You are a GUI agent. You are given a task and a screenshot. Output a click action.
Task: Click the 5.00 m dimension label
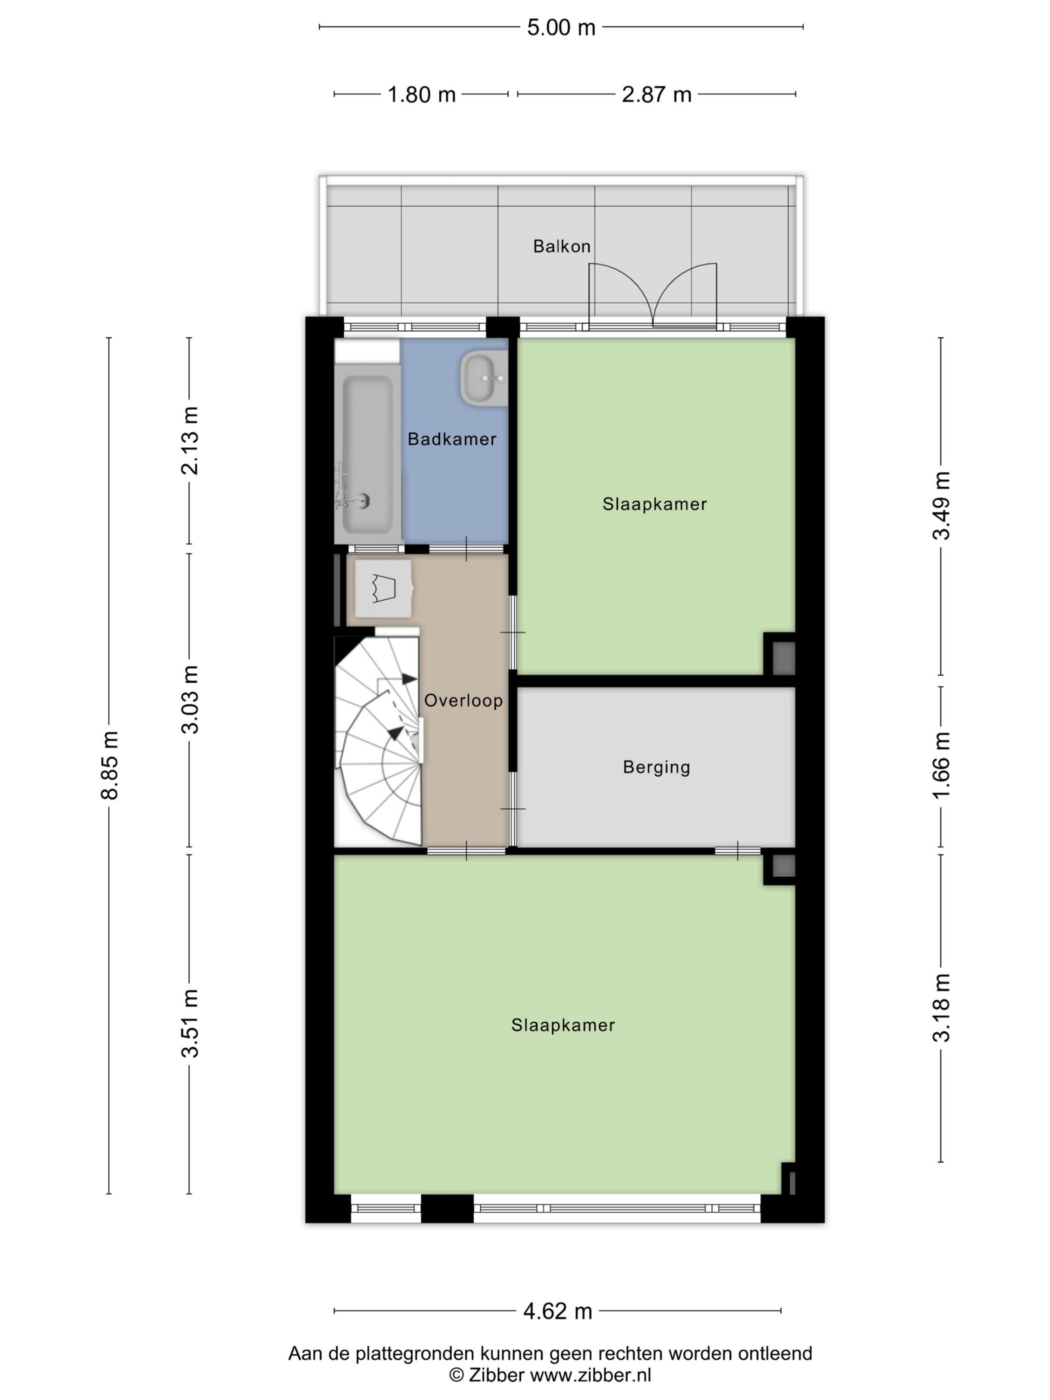(561, 27)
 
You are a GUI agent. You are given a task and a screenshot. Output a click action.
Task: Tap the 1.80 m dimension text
(421, 94)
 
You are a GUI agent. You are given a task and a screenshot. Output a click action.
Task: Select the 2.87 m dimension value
(656, 94)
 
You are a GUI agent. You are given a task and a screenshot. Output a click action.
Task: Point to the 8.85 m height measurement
(109, 765)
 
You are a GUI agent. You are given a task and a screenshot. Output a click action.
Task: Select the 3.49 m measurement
(941, 505)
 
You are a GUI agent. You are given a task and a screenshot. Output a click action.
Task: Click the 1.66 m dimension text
(941, 765)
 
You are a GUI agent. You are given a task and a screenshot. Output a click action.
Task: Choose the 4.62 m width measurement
(557, 1311)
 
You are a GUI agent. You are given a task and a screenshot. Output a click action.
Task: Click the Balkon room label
(561, 246)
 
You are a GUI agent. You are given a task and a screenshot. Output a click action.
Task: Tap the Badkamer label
(452, 438)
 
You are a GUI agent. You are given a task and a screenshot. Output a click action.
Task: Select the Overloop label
(463, 700)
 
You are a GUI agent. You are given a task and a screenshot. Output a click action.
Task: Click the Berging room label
(656, 767)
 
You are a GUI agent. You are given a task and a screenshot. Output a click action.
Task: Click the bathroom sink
(483, 378)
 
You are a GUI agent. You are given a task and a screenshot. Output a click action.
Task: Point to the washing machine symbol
(383, 588)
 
